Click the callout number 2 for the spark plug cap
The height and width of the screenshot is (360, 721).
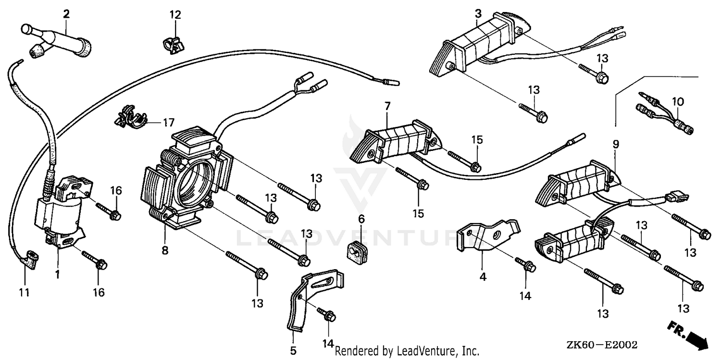[x=66, y=14]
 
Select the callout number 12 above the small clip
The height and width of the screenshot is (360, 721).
[x=175, y=15]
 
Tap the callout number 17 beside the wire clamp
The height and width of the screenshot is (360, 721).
[x=168, y=123]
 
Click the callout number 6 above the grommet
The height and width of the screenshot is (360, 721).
[x=361, y=219]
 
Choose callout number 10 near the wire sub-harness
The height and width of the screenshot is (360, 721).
[x=677, y=102]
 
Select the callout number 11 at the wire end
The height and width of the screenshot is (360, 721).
[x=24, y=292]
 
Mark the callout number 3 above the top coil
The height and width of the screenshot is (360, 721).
[x=478, y=14]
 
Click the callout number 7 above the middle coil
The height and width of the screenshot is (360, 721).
[x=387, y=105]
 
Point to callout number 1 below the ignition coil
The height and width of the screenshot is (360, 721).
[x=57, y=275]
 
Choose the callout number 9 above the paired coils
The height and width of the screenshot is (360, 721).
[x=616, y=144]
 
